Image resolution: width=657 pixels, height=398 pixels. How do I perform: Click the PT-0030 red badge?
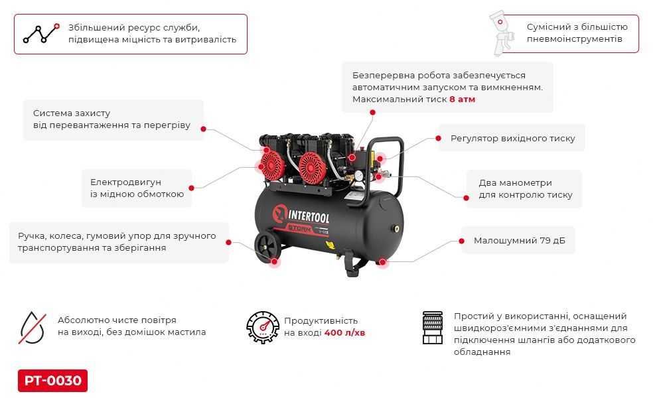(x=52, y=381)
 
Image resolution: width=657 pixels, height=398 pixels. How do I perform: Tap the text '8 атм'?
(x=463, y=99)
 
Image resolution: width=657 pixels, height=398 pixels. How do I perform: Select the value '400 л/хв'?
(x=344, y=332)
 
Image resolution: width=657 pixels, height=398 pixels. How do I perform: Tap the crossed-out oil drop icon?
(x=32, y=326)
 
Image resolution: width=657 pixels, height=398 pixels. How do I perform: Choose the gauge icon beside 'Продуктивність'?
(x=262, y=326)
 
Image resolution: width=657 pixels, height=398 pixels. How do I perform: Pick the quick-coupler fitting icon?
(x=433, y=327)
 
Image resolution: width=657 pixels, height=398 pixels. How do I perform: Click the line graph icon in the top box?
(x=41, y=33)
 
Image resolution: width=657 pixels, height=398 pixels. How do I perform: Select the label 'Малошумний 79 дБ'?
(x=514, y=240)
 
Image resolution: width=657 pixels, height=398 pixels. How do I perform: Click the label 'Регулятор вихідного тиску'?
(x=512, y=139)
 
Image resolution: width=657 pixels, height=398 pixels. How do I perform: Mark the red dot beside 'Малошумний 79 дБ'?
(x=462, y=240)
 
